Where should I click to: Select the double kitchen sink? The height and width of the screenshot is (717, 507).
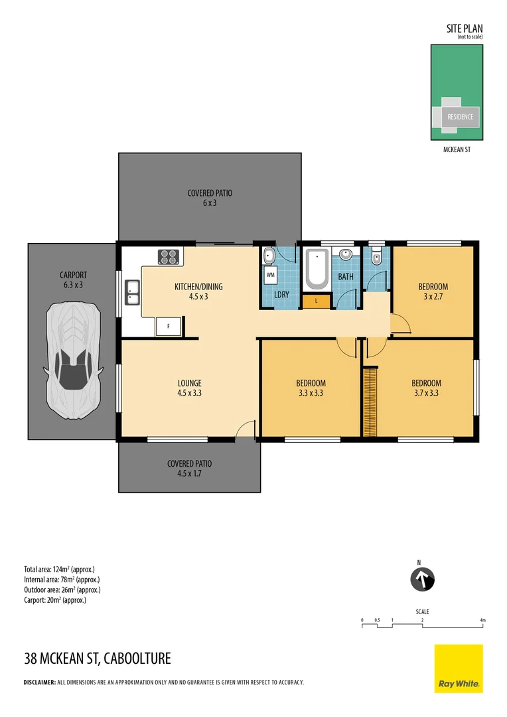(x=132, y=292)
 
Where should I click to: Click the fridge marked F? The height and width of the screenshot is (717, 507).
(x=169, y=326)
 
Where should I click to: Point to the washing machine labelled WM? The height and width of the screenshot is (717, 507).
(x=271, y=274)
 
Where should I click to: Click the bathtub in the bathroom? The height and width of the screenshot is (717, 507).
(x=317, y=270)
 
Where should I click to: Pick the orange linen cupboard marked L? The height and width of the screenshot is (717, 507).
(x=317, y=301)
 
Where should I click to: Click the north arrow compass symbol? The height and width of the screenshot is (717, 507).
(x=421, y=579)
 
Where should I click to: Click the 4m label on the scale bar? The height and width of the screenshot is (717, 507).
(x=482, y=620)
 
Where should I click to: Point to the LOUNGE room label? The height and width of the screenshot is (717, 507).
(x=189, y=383)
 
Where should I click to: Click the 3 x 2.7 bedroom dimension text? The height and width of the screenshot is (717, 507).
(x=433, y=297)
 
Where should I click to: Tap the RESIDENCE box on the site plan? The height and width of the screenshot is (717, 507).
(x=460, y=117)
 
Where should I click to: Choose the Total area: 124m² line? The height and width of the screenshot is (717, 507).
(x=60, y=569)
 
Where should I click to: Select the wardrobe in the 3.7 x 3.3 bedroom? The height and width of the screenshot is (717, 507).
(x=369, y=402)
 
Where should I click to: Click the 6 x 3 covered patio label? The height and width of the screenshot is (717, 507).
(x=210, y=203)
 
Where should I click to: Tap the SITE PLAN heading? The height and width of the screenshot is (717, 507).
(x=465, y=29)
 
